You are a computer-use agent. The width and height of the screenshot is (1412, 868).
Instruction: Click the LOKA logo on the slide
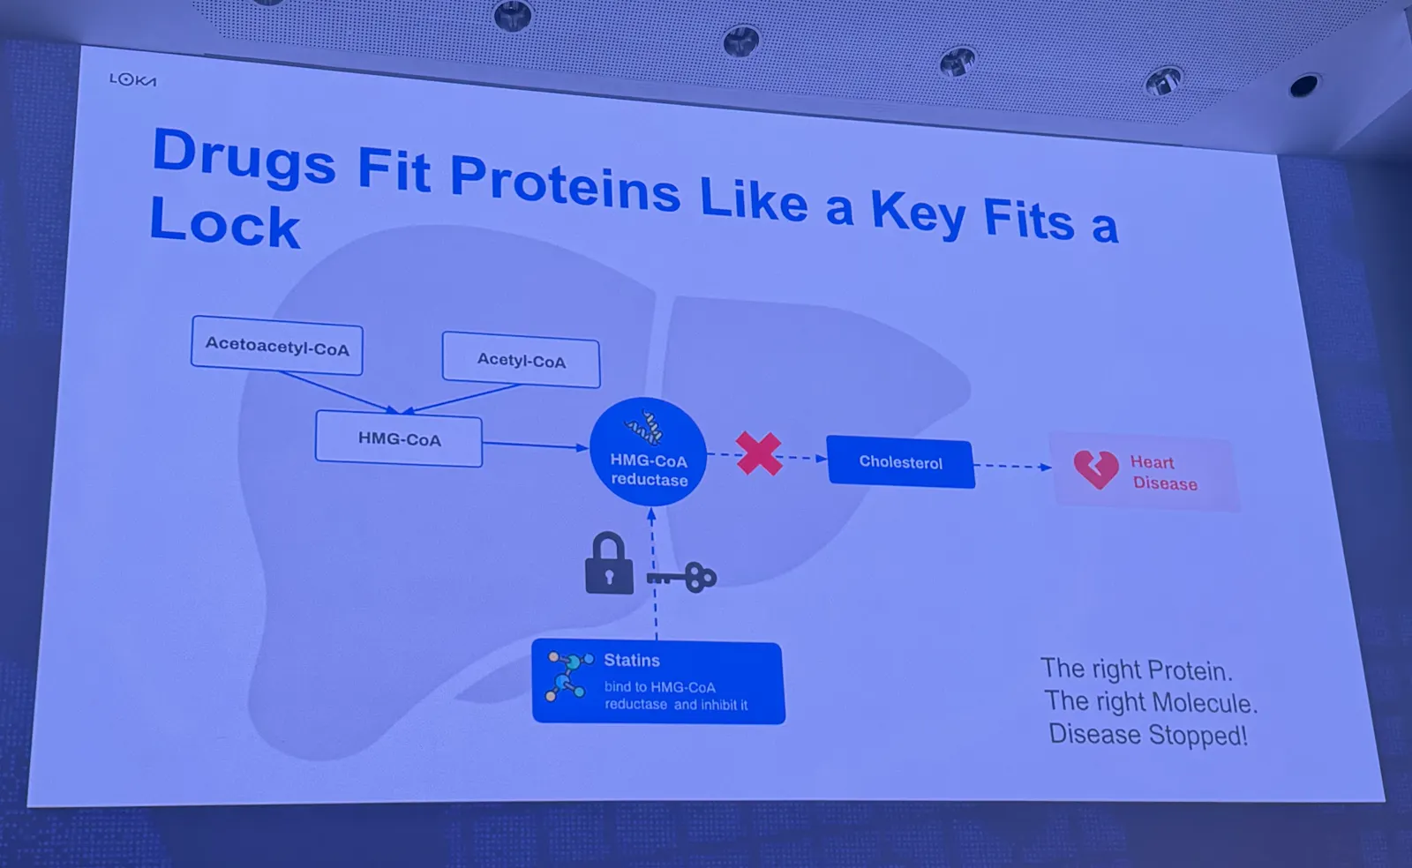[132, 80]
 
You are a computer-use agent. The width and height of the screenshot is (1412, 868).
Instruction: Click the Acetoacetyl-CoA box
[277, 346]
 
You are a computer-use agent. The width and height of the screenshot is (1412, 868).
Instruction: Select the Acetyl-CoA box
[522, 360]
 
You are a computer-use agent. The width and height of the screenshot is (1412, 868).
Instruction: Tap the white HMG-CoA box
[399, 438]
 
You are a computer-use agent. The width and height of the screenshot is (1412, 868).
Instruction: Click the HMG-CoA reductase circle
[648, 452]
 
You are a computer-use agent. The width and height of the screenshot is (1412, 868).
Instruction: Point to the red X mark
[759, 453]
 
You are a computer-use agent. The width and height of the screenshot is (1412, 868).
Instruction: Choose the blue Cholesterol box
[901, 461]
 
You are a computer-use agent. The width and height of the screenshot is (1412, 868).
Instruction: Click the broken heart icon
[1096, 469]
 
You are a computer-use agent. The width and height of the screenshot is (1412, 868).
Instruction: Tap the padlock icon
[609, 564]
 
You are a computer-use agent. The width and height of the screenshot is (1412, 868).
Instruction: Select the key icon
[682, 577]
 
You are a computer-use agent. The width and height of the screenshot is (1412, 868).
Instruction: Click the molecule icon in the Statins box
[569, 677]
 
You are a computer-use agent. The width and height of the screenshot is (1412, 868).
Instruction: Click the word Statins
[632, 660]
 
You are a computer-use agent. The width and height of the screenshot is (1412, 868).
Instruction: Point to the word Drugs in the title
[244, 159]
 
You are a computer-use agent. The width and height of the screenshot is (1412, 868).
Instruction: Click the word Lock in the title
[224, 223]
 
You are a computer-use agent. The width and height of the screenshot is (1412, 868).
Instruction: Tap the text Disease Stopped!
[1148, 735]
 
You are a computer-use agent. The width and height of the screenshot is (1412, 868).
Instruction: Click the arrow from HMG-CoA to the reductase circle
[535, 445]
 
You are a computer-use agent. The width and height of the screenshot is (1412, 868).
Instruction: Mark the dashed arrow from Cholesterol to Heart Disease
[1013, 466]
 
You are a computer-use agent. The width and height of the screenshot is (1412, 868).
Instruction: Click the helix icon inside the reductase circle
[644, 428]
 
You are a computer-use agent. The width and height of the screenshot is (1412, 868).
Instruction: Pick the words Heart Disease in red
[1164, 473]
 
